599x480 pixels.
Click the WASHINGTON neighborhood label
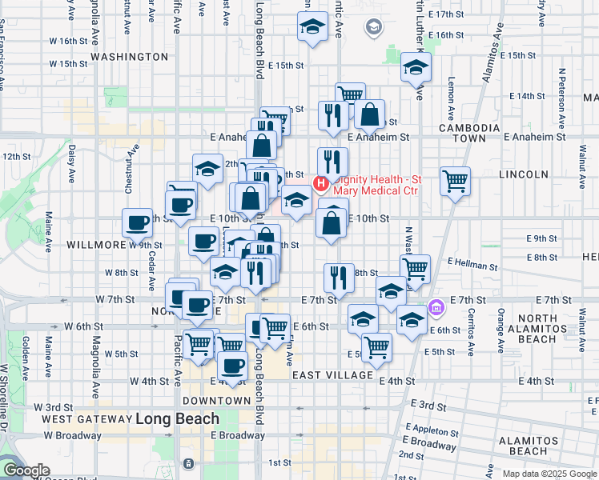(129, 58)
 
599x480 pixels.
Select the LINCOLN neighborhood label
(524, 174)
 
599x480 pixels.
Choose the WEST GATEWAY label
(86, 419)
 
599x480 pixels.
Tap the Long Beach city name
(177, 418)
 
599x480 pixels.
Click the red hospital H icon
(321, 185)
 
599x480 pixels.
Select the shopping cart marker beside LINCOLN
(455, 181)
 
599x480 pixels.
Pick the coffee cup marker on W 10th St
(137, 222)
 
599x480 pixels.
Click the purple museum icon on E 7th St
(436, 307)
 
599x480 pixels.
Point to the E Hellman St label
(472, 262)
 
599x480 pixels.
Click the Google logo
(27, 470)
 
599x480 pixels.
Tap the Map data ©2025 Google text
(549, 474)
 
